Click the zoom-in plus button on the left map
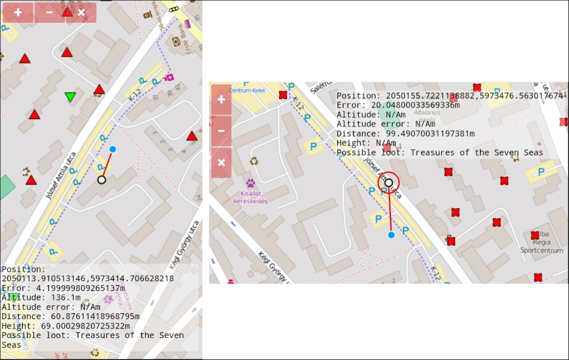(17, 13)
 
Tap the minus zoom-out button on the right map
(222, 130)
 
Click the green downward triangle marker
(70, 97)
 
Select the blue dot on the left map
(112, 149)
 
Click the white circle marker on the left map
(102, 179)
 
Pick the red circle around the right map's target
(389, 182)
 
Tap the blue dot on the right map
(391, 235)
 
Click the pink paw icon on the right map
(250, 183)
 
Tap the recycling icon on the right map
(254, 161)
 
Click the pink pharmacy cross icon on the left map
(169, 78)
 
